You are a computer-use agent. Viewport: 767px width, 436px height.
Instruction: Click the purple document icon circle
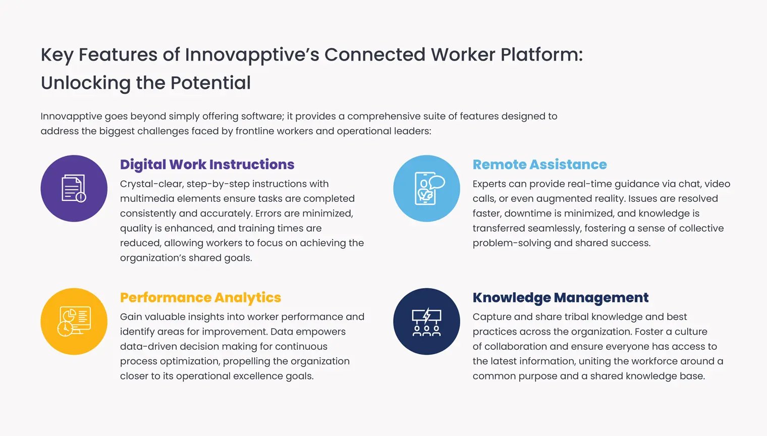pyautogui.click(x=74, y=188)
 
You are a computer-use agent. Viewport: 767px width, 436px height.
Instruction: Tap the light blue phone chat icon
pyautogui.click(x=427, y=188)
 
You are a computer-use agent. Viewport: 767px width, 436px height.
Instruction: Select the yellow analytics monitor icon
pyautogui.click(x=74, y=321)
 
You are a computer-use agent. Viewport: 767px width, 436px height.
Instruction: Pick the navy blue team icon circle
pyautogui.click(x=427, y=321)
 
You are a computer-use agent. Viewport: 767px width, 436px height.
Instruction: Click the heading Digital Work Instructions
pyautogui.click(x=207, y=165)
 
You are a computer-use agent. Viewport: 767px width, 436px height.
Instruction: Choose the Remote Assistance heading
pyautogui.click(x=539, y=165)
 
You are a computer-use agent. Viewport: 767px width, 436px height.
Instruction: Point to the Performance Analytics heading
pyautogui.click(x=200, y=298)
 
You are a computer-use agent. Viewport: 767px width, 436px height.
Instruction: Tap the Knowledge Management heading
pyautogui.click(x=561, y=298)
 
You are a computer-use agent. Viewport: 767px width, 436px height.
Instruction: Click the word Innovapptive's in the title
pyautogui.click(x=252, y=55)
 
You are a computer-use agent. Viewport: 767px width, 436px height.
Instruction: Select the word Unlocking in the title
pyautogui.click(x=86, y=83)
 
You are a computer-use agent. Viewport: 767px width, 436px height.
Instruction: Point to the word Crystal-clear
pyautogui.click(x=152, y=184)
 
